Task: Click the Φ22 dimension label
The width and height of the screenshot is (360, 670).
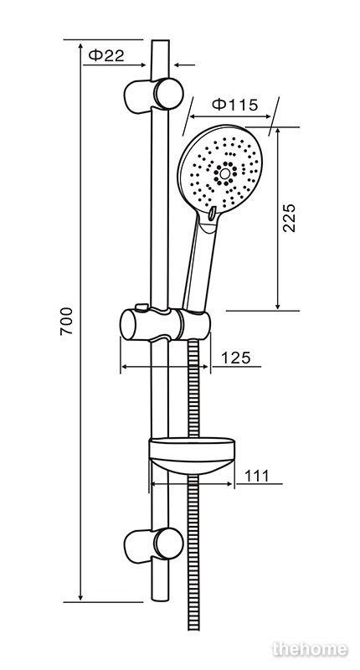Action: pos(106,55)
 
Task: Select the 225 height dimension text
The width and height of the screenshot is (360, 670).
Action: pos(289,218)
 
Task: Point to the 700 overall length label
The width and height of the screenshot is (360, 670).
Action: pos(67,321)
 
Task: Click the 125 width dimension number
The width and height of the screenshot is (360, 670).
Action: pos(236,358)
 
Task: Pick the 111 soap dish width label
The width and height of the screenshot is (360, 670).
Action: pos(257,476)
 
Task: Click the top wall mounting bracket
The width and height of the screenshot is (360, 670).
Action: pos(154,95)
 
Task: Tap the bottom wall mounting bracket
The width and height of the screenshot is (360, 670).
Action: pos(154,546)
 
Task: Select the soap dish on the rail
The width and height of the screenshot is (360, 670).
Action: pos(192,456)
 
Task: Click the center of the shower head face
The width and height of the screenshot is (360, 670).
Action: pos(224,173)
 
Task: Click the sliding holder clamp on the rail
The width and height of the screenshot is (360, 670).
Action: pos(165,325)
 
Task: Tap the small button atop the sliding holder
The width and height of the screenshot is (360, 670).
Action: pos(141,307)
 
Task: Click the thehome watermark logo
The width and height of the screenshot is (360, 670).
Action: pos(310,650)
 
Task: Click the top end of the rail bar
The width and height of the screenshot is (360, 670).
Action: pos(160,40)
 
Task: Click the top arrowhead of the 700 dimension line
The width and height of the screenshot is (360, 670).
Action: pos(80,46)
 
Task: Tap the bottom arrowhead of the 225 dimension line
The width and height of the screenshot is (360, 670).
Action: pos(278,306)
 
